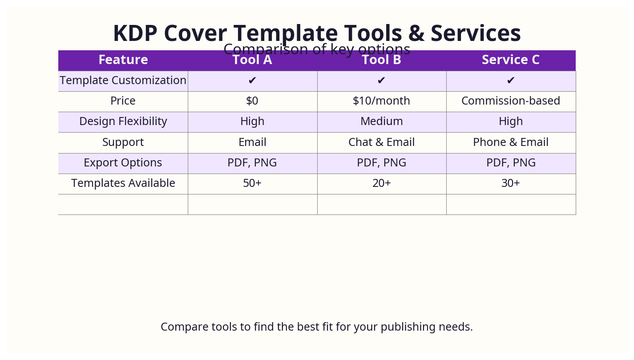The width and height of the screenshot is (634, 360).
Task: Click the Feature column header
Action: (x=123, y=60)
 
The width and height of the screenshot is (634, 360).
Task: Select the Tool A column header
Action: (x=252, y=60)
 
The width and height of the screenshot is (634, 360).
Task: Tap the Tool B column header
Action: (x=381, y=60)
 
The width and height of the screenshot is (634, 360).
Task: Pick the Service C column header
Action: (x=511, y=60)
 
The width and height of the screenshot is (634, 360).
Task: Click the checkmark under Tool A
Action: (x=252, y=81)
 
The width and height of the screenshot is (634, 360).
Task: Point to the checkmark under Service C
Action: (x=511, y=81)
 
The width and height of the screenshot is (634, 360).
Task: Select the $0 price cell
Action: (x=252, y=101)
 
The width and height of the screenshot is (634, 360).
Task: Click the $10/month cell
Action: (x=381, y=101)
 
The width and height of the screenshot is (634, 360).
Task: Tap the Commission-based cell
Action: (x=511, y=101)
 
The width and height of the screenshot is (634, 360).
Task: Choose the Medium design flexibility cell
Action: (x=381, y=121)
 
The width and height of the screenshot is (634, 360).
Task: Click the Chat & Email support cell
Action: (x=381, y=142)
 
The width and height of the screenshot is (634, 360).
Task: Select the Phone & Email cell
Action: (x=511, y=142)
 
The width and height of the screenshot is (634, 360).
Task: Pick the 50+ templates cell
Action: (x=252, y=183)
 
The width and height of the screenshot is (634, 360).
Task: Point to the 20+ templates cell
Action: (x=381, y=183)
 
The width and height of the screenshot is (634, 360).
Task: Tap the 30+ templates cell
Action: (x=511, y=183)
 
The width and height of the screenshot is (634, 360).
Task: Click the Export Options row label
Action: (x=123, y=163)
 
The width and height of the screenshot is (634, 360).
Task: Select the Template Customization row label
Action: (x=123, y=81)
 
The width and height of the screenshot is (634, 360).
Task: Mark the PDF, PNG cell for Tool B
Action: (x=381, y=163)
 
